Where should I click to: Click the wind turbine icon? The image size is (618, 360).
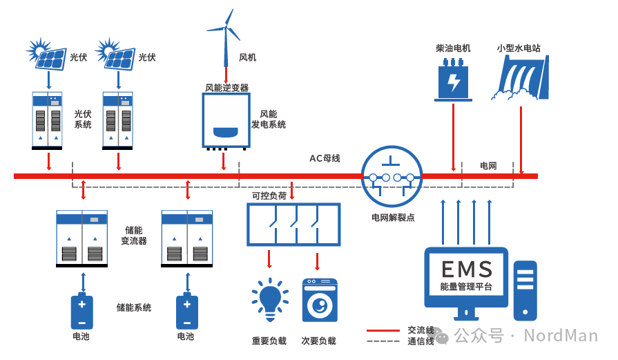pos(226,35)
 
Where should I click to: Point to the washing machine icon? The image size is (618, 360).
pos(320,300)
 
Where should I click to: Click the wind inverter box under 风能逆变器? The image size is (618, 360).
pos(224,121)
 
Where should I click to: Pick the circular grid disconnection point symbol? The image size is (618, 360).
pos(392,178)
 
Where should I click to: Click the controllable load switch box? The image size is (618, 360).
pos(294,224)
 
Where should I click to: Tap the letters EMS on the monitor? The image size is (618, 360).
pos(467,269)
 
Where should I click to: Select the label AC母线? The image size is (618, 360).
pos(324,158)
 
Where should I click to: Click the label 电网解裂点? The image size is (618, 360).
pos(393,218)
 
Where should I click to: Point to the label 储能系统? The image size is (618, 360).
pos(133,307)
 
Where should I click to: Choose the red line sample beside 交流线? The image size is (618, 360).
pos(383,331)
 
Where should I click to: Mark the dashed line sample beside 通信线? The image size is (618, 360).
pos(383,341)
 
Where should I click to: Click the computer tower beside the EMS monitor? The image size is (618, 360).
pos(525,290)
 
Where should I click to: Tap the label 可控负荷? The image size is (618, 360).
pos(269,196)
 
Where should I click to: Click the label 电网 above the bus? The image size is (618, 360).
pos(488,166)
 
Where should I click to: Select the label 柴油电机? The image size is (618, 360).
pos(453,48)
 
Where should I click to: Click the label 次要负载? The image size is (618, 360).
pos(319,341)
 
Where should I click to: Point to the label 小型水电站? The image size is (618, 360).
pos(519,48)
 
